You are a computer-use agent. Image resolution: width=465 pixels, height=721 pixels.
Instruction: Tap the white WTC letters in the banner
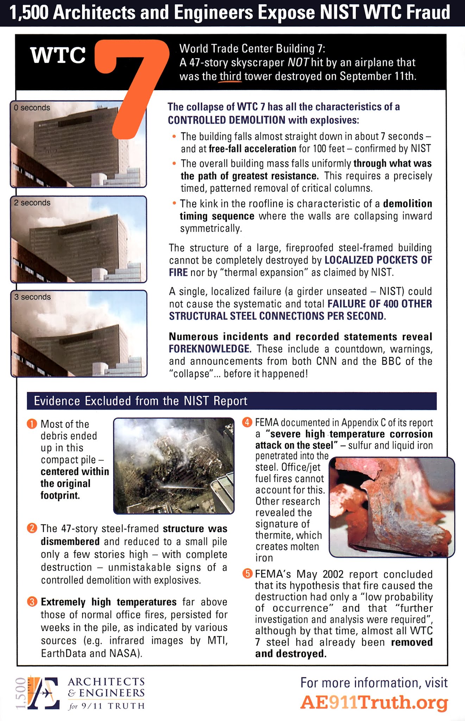(x=58, y=56)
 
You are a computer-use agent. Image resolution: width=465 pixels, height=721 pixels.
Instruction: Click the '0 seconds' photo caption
(x=32, y=108)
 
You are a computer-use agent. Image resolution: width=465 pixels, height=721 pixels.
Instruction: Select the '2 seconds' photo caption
(x=32, y=203)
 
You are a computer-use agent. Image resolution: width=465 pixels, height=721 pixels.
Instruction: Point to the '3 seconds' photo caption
(x=32, y=297)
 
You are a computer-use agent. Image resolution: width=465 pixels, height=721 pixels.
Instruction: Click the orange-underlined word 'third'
(x=231, y=76)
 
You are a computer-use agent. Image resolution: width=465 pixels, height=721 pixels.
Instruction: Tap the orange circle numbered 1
(x=32, y=424)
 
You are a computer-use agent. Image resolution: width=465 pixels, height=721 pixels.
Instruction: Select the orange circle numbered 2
(x=32, y=528)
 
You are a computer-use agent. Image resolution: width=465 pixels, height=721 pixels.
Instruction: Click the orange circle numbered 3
(x=32, y=602)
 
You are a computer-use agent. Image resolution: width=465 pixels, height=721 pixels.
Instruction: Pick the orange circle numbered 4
(x=247, y=422)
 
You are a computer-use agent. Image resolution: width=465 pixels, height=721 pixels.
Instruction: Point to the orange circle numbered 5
(x=247, y=574)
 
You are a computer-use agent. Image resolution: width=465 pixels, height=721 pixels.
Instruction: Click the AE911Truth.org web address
(x=374, y=703)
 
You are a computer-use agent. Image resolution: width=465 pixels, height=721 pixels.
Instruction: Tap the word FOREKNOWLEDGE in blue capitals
(x=209, y=349)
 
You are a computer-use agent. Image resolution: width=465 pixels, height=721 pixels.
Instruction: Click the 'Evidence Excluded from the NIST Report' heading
(x=140, y=401)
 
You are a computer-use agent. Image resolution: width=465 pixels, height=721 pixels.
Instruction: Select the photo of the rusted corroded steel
(x=391, y=507)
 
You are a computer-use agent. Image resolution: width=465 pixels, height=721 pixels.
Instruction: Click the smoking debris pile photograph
(x=174, y=465)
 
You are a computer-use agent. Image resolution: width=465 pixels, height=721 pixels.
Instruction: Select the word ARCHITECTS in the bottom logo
(x=106, y=682)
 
